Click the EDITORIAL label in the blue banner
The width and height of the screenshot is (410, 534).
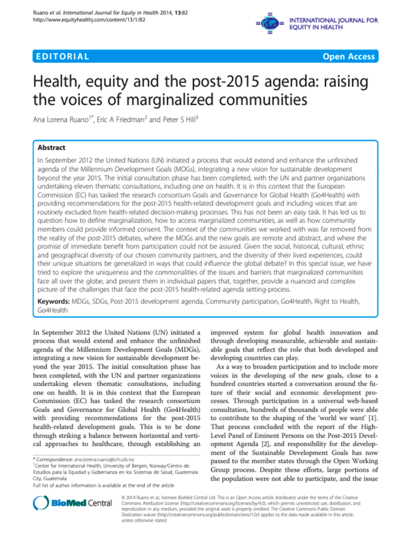[61, 57]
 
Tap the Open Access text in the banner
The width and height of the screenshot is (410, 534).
[347, 57]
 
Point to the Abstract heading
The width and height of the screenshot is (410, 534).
[52, 148]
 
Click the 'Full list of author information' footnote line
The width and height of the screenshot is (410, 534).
[91, 485]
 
